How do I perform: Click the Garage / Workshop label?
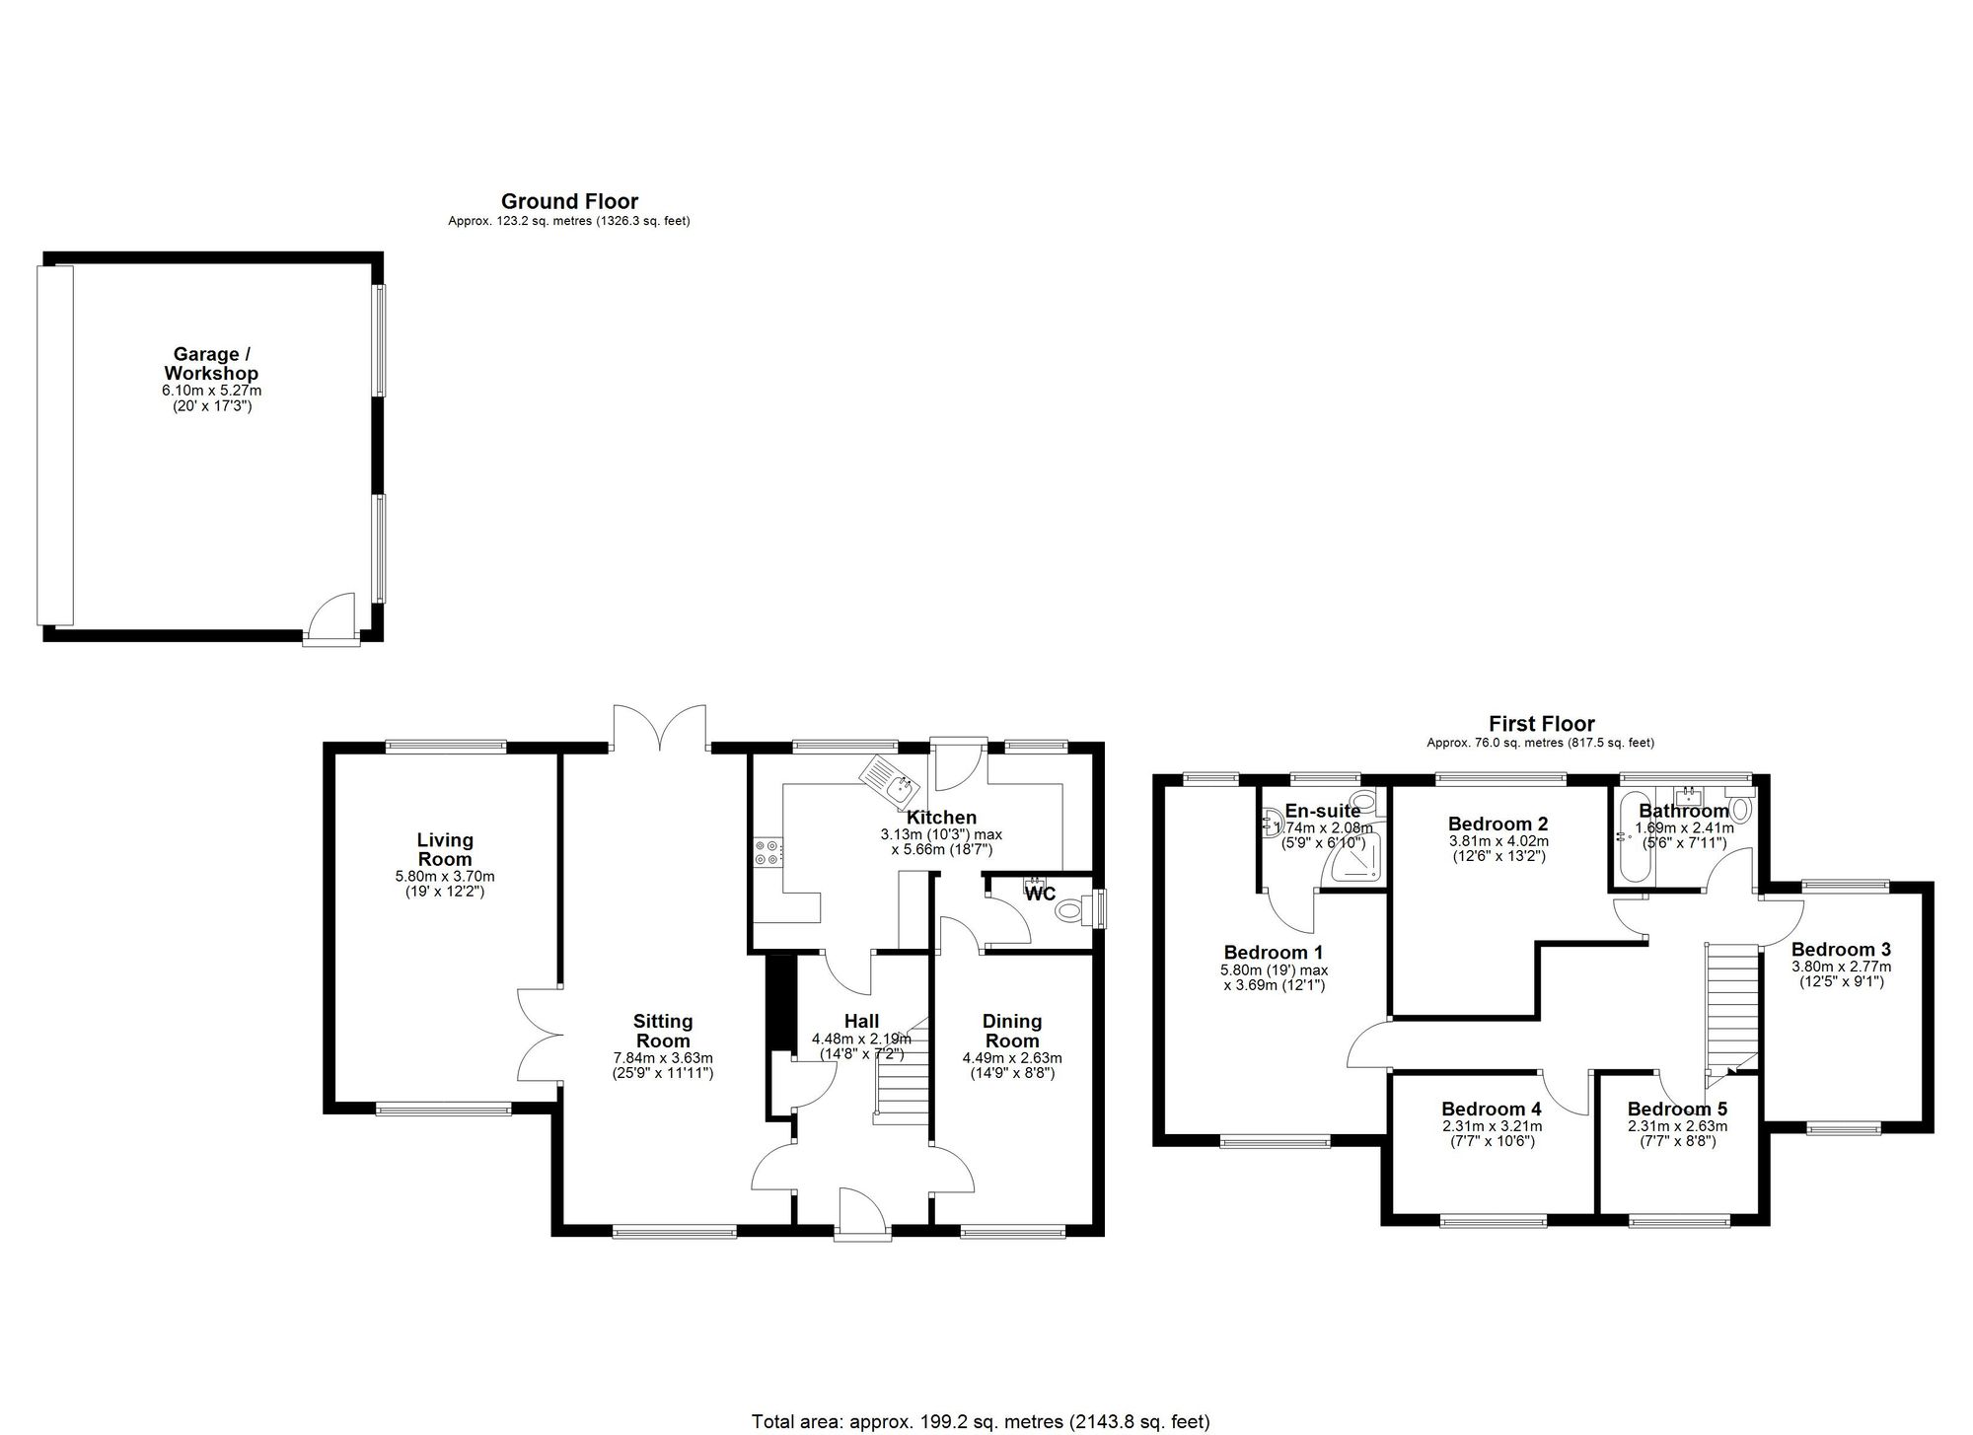coord(211,363)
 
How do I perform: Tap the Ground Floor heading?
coord(569,202)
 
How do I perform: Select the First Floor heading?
coord(1541,724)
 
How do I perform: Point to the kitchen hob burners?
coord(767,851)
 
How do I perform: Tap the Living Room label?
coord(445,849)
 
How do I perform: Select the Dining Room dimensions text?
coord(1012,1065)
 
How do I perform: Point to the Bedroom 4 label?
coord(1491,1109)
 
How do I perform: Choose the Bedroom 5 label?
coord(1677,1109)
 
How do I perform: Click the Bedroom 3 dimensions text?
coord(1841,974)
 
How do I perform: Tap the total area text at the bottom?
coord(981,1421)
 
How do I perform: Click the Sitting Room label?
coord(663,1031)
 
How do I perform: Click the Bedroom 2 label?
coord(1498,824)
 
